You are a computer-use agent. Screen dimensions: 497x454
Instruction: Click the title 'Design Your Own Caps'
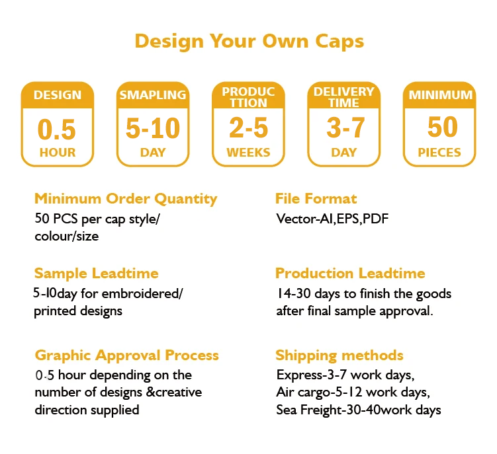(249, 42)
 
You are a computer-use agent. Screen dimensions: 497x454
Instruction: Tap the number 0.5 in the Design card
(57, 129)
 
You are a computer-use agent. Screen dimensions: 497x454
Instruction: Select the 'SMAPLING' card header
(153, 95)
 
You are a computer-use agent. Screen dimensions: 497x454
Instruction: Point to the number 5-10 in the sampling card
(153, 128)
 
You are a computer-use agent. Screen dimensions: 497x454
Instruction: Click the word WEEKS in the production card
(249, 152)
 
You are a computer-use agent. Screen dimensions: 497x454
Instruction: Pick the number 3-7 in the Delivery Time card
(345, 128)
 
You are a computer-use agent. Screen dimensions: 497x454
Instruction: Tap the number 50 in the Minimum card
(443, 127)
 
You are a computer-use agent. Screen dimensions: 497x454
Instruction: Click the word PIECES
(439, 152)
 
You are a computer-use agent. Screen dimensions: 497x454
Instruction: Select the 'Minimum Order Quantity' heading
(126, 199)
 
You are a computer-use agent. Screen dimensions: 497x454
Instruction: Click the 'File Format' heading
(316, 198)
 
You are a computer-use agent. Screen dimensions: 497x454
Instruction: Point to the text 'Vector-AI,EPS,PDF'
(332, 219)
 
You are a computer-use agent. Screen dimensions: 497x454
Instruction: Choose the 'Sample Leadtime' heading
(97, 273)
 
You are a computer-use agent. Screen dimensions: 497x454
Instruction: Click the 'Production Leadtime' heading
(350, 273)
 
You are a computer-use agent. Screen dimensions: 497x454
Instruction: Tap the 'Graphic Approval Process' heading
(127, 356)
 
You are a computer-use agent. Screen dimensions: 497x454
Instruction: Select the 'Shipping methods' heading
(339, 356)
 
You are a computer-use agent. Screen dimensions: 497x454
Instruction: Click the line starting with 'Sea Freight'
(359, 410)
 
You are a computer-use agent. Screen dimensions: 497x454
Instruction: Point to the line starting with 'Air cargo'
(353, 393)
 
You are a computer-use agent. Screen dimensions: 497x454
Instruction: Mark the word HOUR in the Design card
(58, 153)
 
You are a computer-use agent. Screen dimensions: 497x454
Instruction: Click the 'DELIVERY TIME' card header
(344, 97)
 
